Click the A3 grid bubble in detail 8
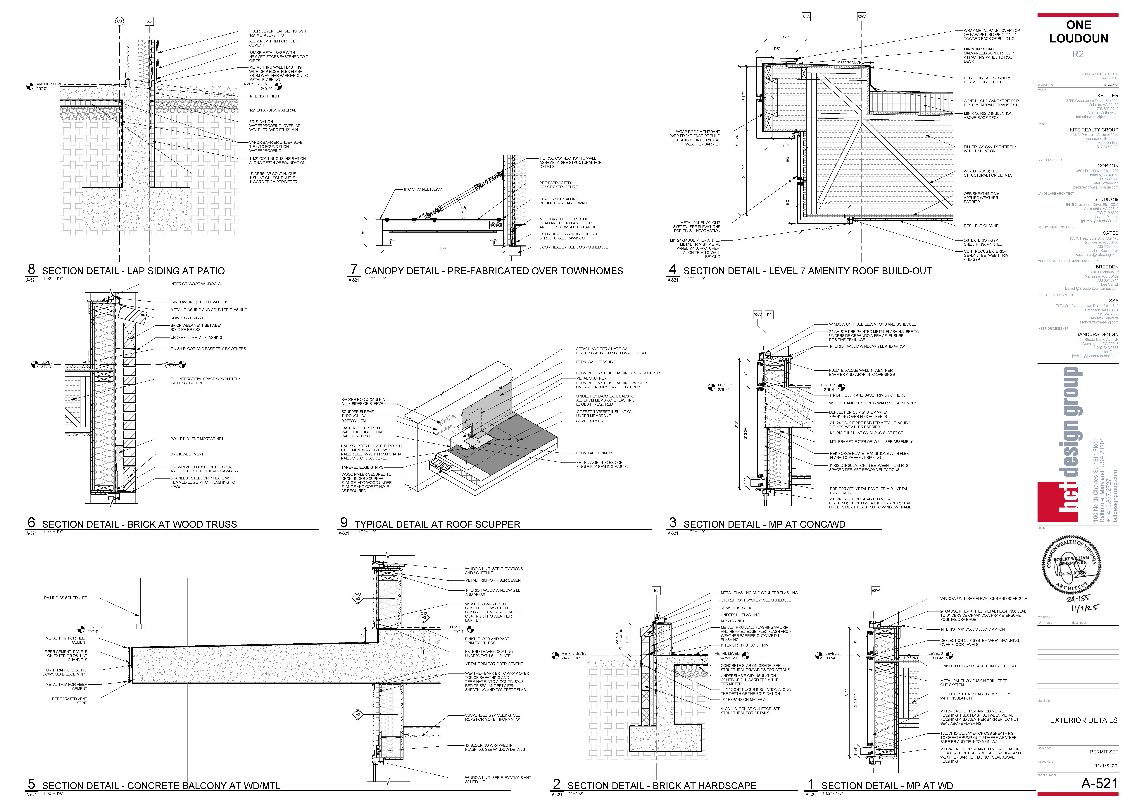(149, 21)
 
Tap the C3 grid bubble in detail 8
(120, 21)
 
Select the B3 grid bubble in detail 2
(656, 590)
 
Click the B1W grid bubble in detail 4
(806, 17)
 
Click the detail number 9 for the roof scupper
(344, 522)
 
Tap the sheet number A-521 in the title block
(1099, 784)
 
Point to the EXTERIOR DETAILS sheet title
(1083, 720)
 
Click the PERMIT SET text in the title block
(1104, 752)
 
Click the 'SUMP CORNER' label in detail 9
(589, 421)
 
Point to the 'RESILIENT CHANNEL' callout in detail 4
(982, 226)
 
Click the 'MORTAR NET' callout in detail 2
(732, 621)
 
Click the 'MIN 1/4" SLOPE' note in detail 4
(850, 62)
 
